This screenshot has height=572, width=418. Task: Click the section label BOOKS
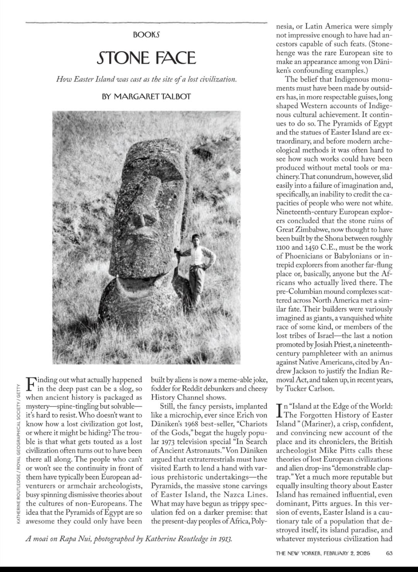coord(146,35)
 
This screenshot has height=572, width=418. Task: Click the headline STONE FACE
coord(146,58)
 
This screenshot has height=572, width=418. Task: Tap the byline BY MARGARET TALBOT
coord(146,96)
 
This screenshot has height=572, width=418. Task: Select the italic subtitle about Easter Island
coord(146,79)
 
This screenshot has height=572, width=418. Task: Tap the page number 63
coord(389,553)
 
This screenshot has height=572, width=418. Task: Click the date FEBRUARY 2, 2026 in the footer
coord(347,553)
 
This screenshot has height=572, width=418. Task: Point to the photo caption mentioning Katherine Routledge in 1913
coord(129,538)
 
